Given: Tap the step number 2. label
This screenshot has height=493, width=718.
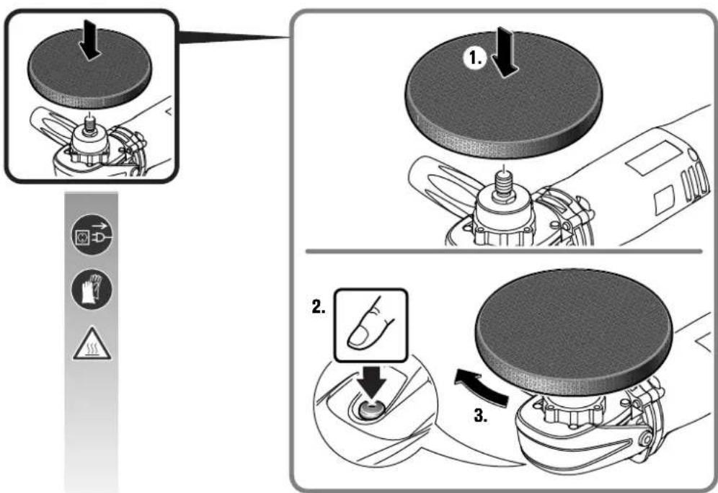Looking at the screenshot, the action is (319, 306).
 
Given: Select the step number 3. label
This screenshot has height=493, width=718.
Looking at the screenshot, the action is (481, 415).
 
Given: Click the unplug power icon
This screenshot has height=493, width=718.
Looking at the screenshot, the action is (92, 234).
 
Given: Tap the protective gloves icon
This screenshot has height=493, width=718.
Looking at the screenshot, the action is (92, 289).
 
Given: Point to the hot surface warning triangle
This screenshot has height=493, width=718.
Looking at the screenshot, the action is (92, 344).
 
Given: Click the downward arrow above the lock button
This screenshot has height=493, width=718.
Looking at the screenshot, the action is (373, 381).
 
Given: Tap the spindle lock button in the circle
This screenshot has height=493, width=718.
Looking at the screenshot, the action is (373, 409).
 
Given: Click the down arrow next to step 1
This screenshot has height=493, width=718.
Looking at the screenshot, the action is (504, 52).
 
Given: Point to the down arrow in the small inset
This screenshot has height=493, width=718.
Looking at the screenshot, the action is (89, 43).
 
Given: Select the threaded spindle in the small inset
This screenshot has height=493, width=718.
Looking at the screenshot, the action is (89, 126).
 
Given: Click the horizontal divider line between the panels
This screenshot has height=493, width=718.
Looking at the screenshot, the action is (504, 252).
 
